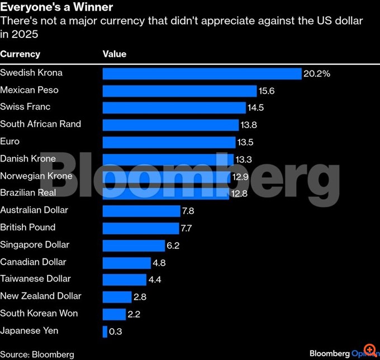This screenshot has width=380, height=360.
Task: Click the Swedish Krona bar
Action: click(202, 74)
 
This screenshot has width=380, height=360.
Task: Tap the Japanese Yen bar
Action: click(105, 331)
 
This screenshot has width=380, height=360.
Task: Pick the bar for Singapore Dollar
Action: click(134, 245)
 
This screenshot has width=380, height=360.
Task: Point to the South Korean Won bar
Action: click(114, 314)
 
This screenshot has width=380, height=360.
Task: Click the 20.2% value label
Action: click(316, 74)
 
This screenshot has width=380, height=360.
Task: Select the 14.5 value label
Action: click(255, 108)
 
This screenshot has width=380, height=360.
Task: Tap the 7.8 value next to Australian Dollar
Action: click(188, 211)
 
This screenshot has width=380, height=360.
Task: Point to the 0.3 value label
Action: click(116, 331)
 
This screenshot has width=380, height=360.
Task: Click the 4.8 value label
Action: click(159, 263)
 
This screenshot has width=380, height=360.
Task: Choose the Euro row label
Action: click(9, 141)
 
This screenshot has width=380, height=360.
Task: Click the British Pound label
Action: click(28, 227)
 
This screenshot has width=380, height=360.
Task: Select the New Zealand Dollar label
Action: click(41, 296)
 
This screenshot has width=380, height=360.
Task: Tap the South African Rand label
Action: click(41, 124)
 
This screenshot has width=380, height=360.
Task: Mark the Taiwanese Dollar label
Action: click(36, 278)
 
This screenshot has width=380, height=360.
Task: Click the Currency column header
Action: click(20, 54)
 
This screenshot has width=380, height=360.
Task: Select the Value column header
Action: click(115, 54)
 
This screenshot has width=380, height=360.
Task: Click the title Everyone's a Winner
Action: click(56, 8)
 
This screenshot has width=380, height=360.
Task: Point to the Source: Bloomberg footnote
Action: click(37, 354)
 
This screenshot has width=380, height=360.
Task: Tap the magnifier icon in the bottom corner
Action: click(369, 350)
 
